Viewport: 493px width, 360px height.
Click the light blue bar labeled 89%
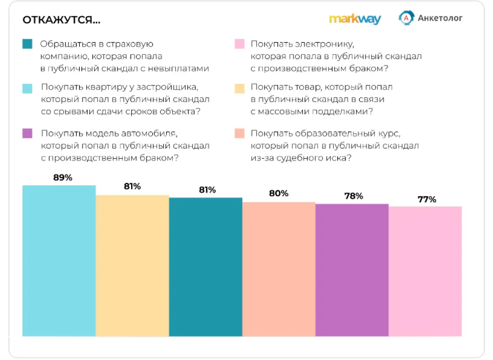click(59, 261)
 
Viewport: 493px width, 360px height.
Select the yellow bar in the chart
click(132, 266)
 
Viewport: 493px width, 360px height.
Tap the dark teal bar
click(205, 267)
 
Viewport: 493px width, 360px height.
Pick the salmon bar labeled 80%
click(279, 269)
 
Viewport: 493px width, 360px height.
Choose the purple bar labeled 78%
click(352, 270)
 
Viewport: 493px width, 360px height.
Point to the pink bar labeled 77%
click(425, 271)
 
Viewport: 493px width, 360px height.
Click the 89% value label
click(63, 178)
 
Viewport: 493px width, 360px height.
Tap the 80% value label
click(279, 193)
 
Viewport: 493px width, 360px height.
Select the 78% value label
click(354, 196)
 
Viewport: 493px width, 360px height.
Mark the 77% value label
click(427, 200)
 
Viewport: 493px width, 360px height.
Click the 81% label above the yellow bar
click(132, 187)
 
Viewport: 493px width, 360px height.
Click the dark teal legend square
click(27, 44)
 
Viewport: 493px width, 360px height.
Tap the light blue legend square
click(27, 88)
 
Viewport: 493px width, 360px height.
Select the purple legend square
click(27, 133)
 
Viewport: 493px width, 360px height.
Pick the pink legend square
click(239, 44)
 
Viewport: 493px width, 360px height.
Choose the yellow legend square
click(239, 88)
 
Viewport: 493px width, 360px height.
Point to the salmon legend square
click(239, 133)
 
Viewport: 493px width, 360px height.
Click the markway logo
click(355, 19)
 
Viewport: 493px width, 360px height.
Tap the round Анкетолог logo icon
click(406, 18)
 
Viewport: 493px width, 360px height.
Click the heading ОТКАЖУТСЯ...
click(61, 20)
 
